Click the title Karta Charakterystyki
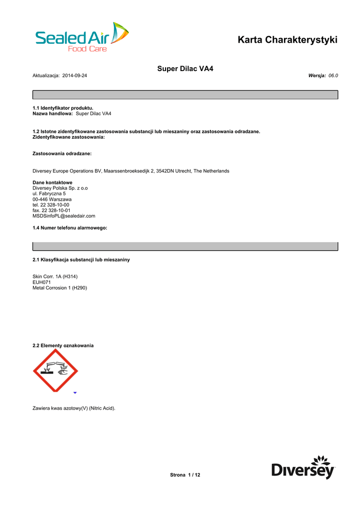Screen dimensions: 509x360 click(x=287, y=40)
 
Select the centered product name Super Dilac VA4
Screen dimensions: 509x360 click(x=185, y=68)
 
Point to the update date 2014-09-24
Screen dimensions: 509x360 click(x=75, y=76)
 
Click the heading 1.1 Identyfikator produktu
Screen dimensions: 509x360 click(x=63, y=108)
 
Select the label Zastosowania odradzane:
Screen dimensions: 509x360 click(x=62, y=154)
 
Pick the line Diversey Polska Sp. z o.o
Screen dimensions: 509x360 click(x=60, y=188)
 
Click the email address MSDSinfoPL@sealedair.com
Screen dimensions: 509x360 click(x=64, y=216)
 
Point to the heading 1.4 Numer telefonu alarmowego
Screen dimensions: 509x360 click(x=70, y=228)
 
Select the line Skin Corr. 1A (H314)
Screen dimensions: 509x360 click(x=55, y=276)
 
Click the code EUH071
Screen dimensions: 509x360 click(x=41, y=282)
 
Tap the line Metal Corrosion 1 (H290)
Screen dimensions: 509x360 click(x=60, y=288)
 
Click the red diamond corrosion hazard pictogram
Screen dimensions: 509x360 click(x=55, y=370)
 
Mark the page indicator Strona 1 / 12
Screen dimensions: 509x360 click(x=185, y=475)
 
